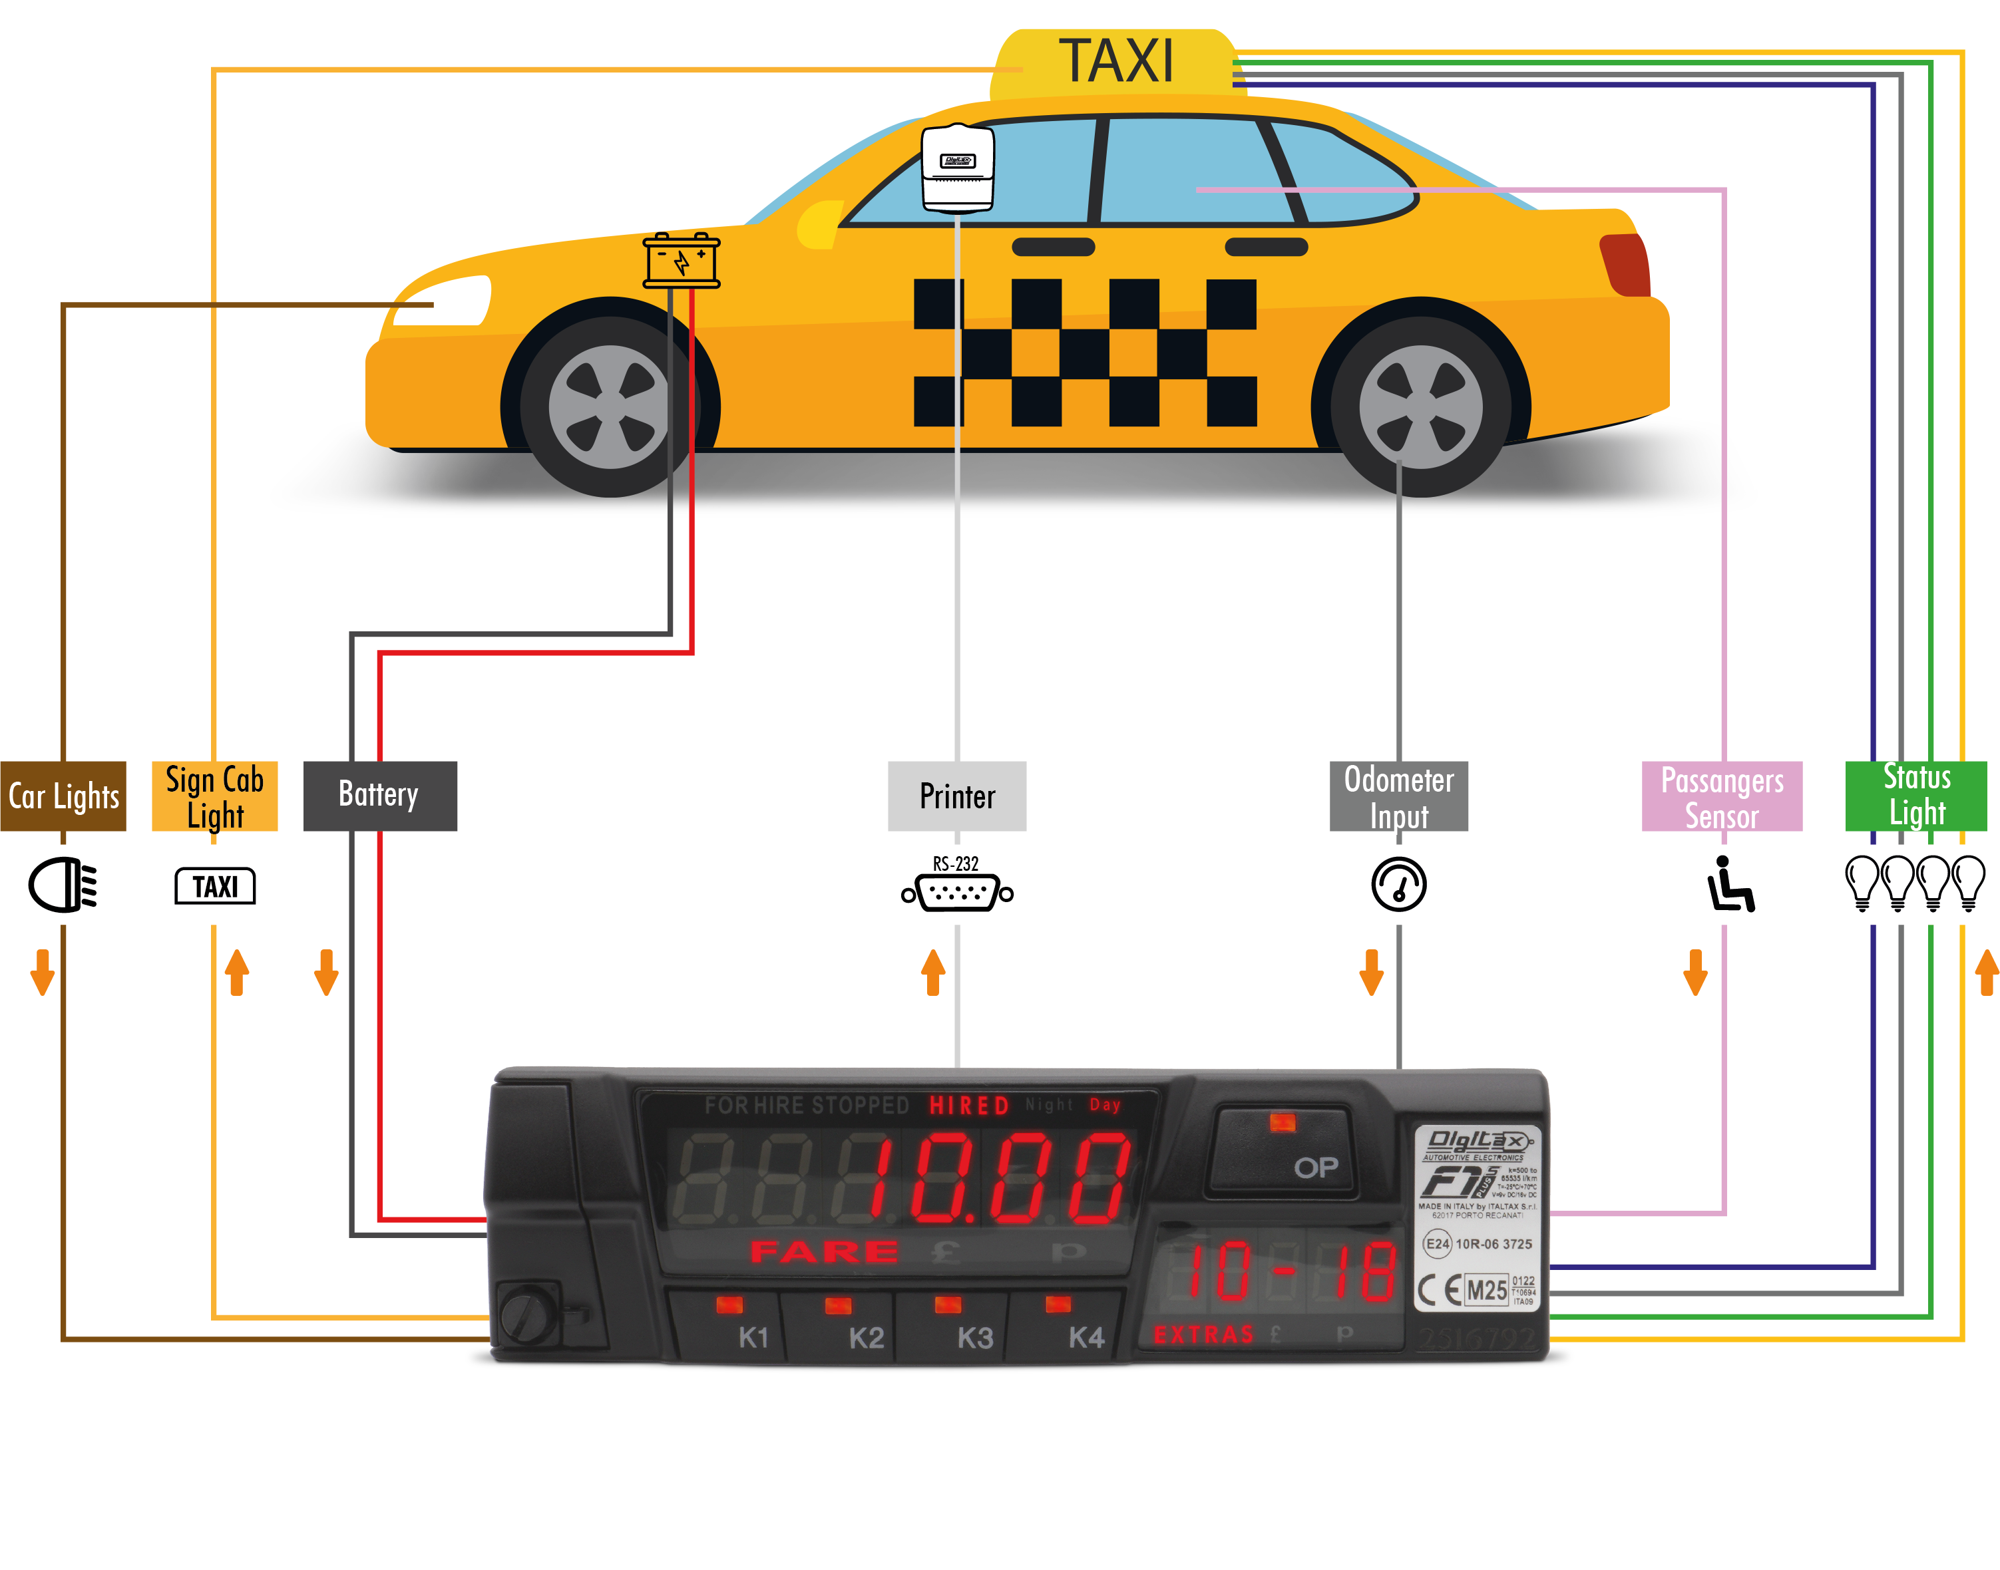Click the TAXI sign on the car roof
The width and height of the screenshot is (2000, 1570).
pos(1115,63)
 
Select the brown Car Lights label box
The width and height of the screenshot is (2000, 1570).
pos(63,796)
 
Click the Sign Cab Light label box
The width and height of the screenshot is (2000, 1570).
pos(214,796)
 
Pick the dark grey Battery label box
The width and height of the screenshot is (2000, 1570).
pos(380,796)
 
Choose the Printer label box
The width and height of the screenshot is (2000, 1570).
pos(956,796)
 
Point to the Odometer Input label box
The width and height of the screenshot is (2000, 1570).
pos(1398,796)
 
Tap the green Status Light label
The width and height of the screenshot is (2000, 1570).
pos(1915,796)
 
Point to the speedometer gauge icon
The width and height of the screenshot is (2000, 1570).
pos(1398,884)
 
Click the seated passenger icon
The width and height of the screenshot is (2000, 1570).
pos(1728,884)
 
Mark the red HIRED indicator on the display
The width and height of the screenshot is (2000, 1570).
pos(968,1105)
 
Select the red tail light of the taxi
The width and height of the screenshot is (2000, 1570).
pos(1626,265)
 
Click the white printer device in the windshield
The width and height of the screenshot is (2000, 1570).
pos(957,167)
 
